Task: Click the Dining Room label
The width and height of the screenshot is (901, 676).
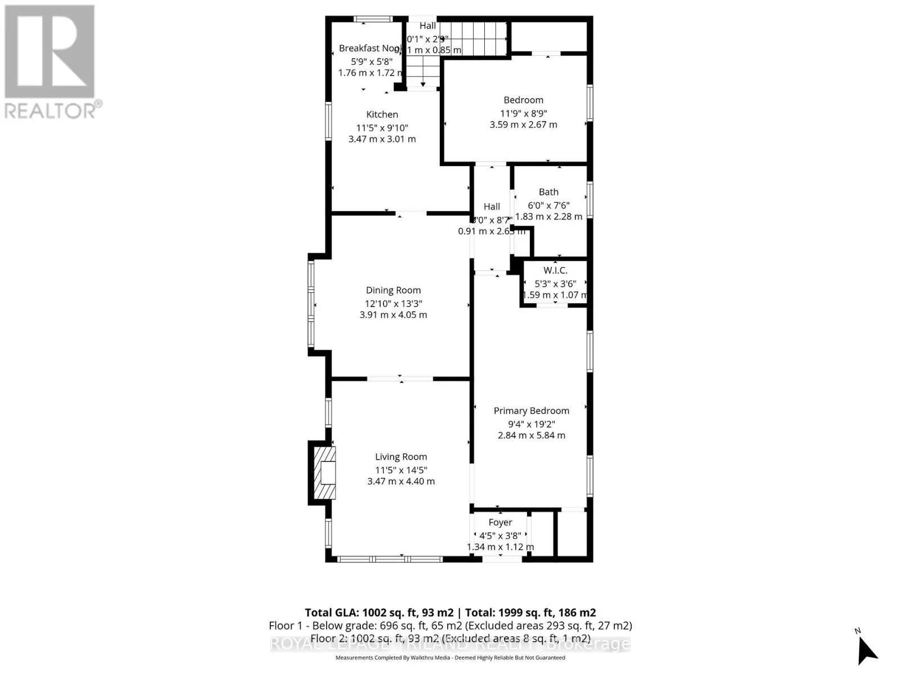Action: click(393, 290)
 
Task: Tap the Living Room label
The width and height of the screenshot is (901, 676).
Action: click(401, 457)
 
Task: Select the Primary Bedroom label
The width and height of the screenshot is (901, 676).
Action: click(531, 411)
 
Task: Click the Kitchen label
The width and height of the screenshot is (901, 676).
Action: click(382, 114)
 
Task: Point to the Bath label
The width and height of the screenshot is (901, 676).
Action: click(548, 192)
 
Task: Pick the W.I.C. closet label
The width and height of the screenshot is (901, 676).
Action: click(555, 270)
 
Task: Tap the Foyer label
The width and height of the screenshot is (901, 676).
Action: click(500, 522)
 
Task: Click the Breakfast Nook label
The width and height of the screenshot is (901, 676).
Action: click(369, 48)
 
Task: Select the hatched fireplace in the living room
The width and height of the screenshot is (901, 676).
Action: click(324, 473)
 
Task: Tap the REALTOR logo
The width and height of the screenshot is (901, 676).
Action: click(51, 62)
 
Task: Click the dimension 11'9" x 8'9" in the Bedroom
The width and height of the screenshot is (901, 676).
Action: click(523, 113)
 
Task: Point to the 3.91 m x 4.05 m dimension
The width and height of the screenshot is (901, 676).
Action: click(393, 315)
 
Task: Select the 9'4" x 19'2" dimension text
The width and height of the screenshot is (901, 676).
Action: click(531, 424)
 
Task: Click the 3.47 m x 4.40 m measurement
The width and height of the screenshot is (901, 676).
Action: click(401, 481)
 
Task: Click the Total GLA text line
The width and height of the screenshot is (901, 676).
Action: click(450, 612)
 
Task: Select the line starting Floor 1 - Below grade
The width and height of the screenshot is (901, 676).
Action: click(450, 625)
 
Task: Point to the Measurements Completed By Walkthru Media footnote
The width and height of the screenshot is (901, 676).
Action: click(450, 657)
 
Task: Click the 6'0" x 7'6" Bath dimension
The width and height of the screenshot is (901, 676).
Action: click(548, 205)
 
